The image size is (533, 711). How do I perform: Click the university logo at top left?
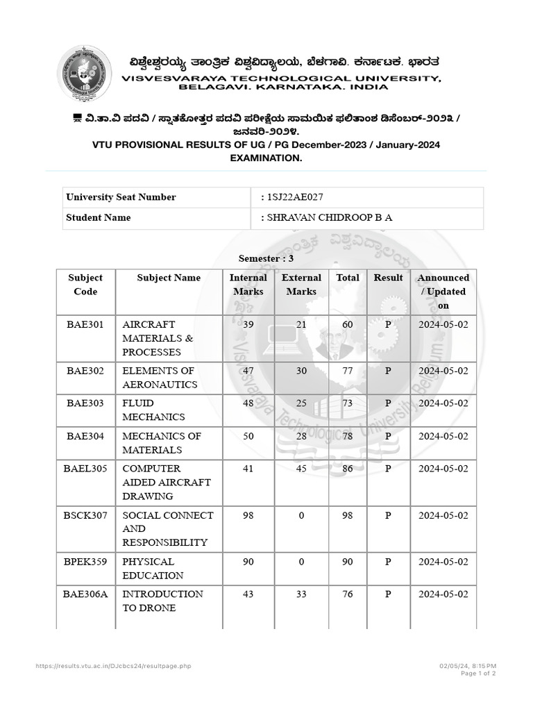(x=84, y=74)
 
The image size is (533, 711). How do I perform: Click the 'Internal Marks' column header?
(x=248, y=285)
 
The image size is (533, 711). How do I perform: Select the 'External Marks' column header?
(x=301, y=285)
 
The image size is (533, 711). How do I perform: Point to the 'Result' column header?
(x=388, y=278)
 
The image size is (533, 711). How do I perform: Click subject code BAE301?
(x=85, y=324)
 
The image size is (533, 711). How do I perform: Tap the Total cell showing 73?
(x=348, y=403)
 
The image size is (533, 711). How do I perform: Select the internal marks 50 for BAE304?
(x=248, y=436)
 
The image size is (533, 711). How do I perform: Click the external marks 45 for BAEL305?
(x=301, y=469)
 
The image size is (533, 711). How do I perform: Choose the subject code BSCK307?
(x=85, y=515)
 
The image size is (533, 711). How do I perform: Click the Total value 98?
(x=348, y=515)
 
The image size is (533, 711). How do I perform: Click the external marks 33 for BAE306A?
(x=301, y=594)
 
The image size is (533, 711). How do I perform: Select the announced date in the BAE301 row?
(x=443, y=324)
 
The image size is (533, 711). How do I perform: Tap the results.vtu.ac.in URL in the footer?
(x=113, y=666)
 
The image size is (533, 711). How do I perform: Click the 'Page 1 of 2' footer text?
(x=477, y=674)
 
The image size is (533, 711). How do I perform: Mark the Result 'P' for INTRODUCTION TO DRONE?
(x=388, y=594)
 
